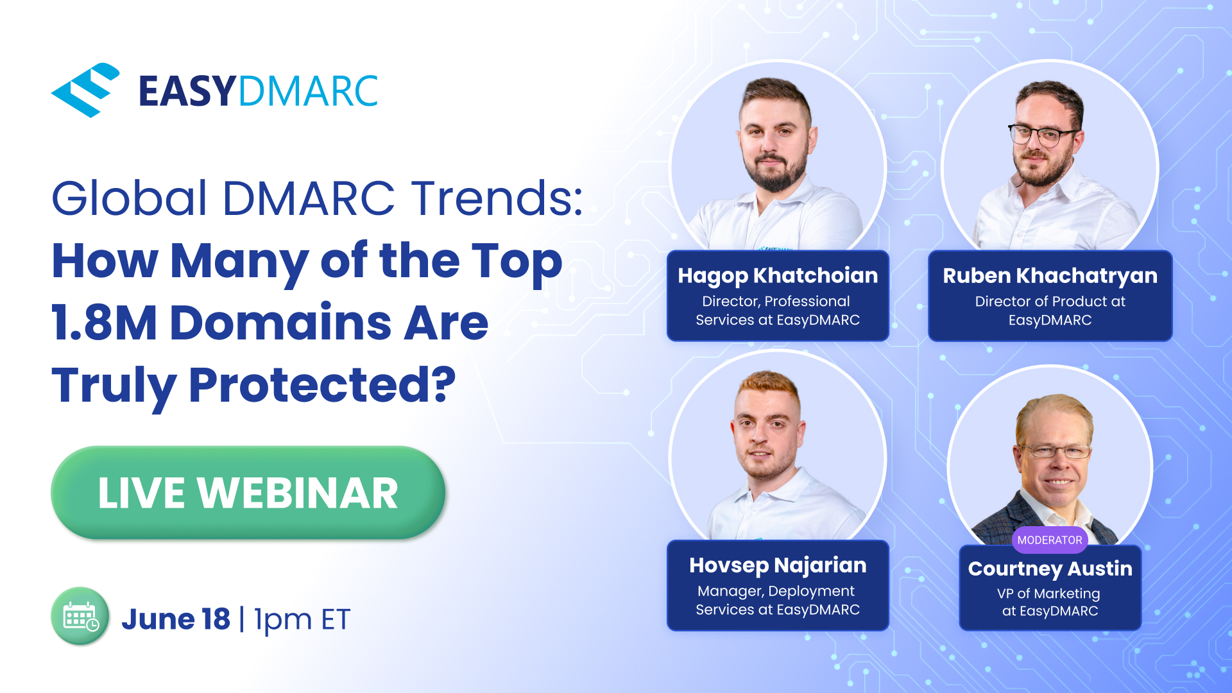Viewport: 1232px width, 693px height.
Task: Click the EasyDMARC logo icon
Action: (85, 90)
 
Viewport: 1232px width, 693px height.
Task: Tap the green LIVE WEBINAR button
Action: (248, 493)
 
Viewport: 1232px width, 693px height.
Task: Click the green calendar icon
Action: (80, 617)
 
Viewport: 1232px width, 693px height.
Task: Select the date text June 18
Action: (176, 619)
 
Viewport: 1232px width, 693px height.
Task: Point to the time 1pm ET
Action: (302, 620)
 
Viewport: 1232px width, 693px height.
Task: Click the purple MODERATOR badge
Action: (1050, 540)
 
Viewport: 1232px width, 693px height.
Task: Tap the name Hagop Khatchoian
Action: (778, 276)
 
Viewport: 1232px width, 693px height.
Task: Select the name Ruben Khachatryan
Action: (1050, 276)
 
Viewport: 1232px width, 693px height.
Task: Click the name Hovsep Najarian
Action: (778, 565)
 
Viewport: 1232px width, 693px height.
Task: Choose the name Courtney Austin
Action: (1050, 569)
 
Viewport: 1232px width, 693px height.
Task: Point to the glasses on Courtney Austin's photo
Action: (1054, 452)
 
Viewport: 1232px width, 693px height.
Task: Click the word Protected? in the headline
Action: (322, 385)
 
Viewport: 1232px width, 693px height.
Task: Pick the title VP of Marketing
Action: (1048, 594)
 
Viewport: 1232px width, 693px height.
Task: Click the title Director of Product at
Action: (1050, 302)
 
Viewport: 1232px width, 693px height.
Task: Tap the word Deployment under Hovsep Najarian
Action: (811, 591)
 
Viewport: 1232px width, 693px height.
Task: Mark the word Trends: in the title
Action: (497, 198)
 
